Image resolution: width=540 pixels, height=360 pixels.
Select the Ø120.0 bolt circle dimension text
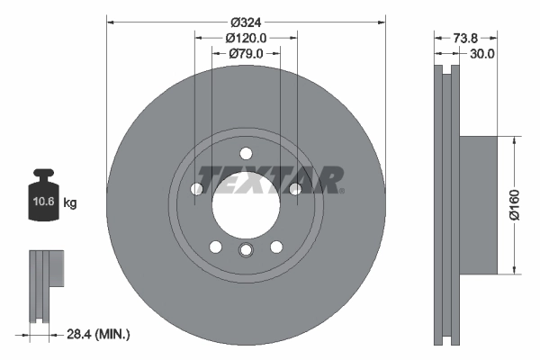tap(246, 39)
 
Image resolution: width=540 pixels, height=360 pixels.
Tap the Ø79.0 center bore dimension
tap(246, 55)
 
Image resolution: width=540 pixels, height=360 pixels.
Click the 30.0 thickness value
tap(482, 54)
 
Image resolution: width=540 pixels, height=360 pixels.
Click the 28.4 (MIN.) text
tap(99, 334)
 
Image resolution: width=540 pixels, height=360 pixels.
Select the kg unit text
tap(70, 203)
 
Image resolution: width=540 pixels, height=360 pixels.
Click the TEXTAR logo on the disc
tap(269, 179)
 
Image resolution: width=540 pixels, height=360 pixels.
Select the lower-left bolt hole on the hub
tap(216, 246)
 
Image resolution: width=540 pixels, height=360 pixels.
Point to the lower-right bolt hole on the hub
tap(275, 246)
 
